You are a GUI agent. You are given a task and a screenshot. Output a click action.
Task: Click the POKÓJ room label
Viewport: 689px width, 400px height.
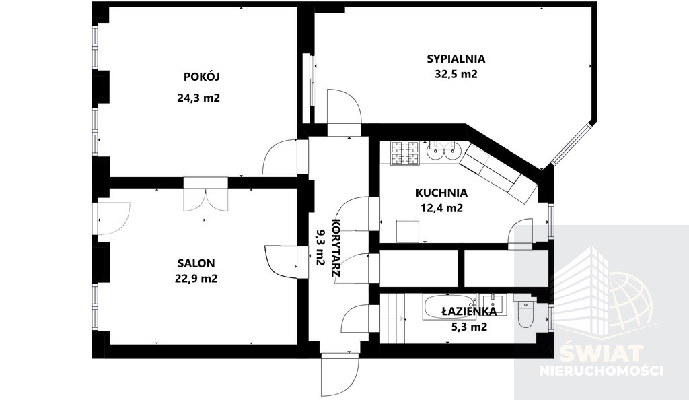point(202,77)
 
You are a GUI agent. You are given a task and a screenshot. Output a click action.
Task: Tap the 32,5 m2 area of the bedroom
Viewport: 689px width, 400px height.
point(456,74)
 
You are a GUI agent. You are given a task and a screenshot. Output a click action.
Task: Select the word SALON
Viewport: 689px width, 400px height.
point(196,263)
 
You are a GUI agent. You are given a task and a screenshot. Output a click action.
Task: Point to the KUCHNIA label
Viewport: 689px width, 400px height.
point(441,193)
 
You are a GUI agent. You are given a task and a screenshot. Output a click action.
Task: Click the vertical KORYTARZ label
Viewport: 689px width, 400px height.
point(336,247)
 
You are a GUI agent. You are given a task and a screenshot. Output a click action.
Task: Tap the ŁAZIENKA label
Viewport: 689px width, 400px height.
point(469,312)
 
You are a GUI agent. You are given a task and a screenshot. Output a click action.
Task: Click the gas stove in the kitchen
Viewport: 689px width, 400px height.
point(405,154)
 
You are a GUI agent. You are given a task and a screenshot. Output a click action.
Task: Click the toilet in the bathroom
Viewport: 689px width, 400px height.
point(525,314)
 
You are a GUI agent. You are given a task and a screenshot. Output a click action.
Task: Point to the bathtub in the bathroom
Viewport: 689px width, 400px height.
point(449,307)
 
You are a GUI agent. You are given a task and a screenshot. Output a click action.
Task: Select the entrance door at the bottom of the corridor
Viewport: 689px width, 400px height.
point(340,374)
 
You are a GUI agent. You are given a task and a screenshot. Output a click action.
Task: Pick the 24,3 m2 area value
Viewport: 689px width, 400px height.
point(198,98)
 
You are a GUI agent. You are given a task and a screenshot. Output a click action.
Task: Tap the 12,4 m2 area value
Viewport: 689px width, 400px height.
point(441,208)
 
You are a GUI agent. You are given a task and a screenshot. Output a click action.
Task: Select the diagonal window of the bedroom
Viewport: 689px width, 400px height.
point(572,144)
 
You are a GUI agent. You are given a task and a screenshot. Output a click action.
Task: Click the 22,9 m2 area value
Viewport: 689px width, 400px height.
point(196,279)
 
